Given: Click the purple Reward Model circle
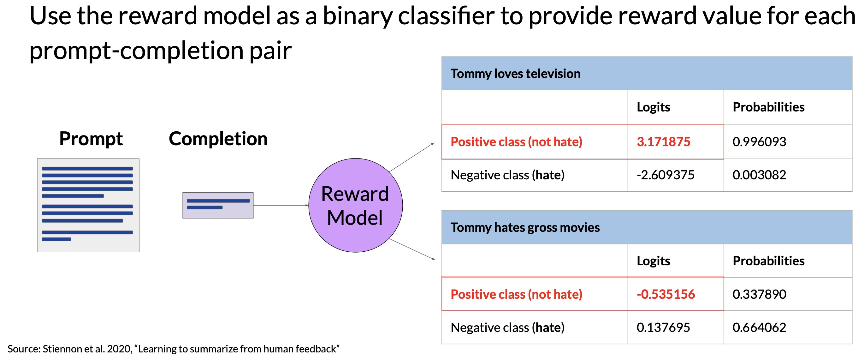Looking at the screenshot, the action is [x=356, y=205].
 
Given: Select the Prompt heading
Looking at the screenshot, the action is [x=91, y=139].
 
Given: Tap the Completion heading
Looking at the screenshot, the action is [x=218, y=139].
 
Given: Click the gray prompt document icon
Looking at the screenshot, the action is [x=88, y=205].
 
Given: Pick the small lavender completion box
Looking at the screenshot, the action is [x=218, y=205].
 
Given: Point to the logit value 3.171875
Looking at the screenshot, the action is [x=663, y=141].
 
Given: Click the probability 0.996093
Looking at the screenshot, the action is [x=759, y=141].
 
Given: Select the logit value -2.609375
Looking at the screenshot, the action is [x=666, y=175].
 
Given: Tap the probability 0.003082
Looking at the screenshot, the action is [x=759, y=175].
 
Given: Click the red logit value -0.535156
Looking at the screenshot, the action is [x=666, y=294].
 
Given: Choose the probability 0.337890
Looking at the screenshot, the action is [x=759, y=294].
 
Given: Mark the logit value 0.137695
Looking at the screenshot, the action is [x=663, y=327].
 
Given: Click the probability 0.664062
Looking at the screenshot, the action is [x=759, y=327].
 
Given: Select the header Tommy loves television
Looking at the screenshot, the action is [x=516, y=74].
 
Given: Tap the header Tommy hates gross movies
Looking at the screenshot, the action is [x=525, y=227].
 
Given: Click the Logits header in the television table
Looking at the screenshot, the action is [x=654, y=107].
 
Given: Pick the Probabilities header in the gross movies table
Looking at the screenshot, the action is [x=769, y=261].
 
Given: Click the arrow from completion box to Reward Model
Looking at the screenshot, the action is [x=281, y=205].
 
